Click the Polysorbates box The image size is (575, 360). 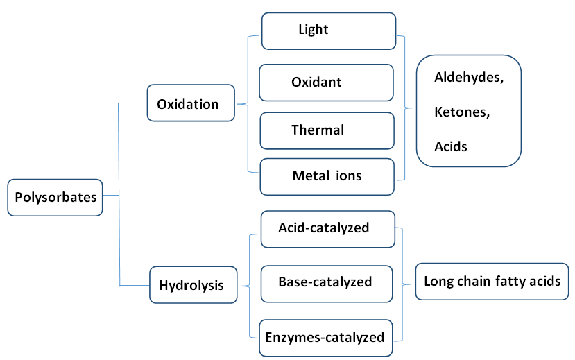click(x=56, y=196)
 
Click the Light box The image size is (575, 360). click(x=328, y=31)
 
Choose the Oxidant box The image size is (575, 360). click(x=326, y=82)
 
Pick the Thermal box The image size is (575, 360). click(x=327, y=130)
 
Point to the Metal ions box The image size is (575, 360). click(x=327, y=175)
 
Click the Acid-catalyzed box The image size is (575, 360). click(x=327, y=228)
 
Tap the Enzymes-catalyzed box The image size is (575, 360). click(x=325, y=338)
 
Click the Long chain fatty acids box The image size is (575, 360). click(x=492, y=281)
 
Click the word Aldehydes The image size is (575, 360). click(x=468, y=78)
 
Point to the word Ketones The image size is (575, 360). click(x=462, y=112)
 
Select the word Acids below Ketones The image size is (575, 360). click(x=451, y=146)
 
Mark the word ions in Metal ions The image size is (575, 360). click(x=348, y=175)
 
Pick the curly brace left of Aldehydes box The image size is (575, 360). click(x=405, y=108)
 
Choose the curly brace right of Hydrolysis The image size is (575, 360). click(x=245, y=284)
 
